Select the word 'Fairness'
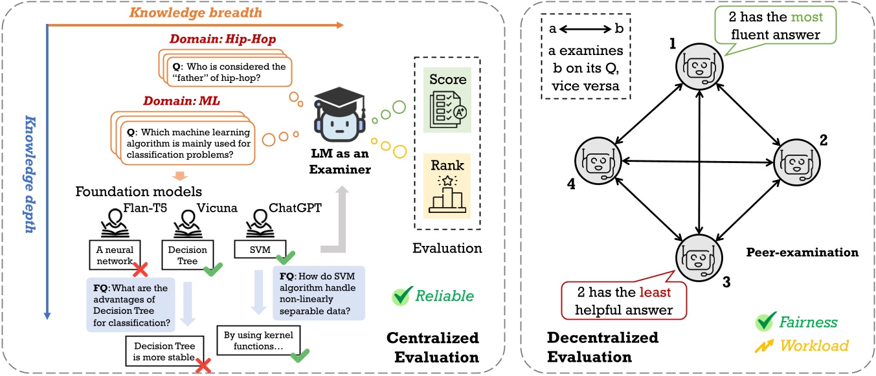tap(807, 322)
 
